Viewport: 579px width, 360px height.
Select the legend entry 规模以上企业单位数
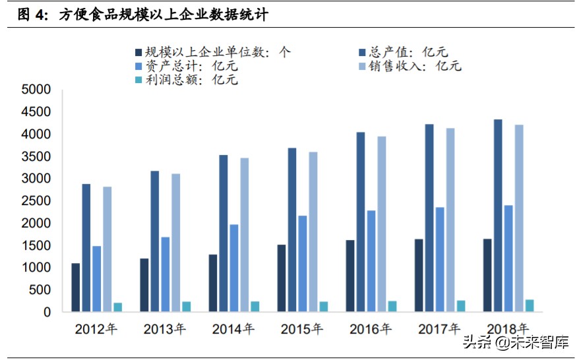[211, 52]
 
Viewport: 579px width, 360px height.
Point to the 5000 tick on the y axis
[36, 90]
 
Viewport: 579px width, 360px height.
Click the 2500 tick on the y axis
[36, 201]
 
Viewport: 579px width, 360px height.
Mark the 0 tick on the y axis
[46, 313]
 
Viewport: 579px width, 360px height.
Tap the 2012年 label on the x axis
[96, 328]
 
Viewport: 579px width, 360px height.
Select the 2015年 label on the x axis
[302, 328]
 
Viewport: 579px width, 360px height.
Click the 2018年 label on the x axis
[508, 328]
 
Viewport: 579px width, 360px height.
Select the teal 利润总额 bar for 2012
[117, 307]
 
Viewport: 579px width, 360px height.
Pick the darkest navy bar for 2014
[213, 283]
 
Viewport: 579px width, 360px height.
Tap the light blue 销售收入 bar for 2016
[381, 224]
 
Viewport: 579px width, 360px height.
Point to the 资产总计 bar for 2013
[165, 274]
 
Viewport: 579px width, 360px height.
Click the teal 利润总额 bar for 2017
[460, 306]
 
